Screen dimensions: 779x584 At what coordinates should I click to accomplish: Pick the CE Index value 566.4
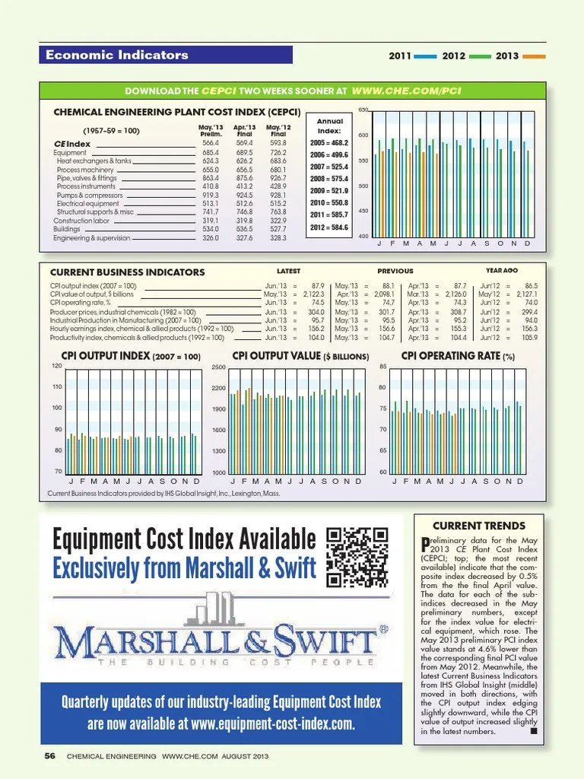[x=210, y=143]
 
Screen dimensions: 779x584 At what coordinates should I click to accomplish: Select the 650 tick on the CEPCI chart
[x=363, y=111]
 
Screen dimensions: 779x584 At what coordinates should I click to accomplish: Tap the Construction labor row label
[x=81, y=221]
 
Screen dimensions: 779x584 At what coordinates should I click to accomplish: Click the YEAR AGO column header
[x=501, y=270]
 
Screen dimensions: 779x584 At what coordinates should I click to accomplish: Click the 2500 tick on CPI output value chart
[x=218, y=367]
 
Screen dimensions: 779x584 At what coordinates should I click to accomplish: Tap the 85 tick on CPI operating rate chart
[x=384, y=367]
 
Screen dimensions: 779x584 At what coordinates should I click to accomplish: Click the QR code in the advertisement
[x=357, y=558]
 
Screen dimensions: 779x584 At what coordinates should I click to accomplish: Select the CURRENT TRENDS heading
[x=478, y=526]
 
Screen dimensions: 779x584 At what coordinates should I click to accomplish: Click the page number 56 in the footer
[x=50, y=756]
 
